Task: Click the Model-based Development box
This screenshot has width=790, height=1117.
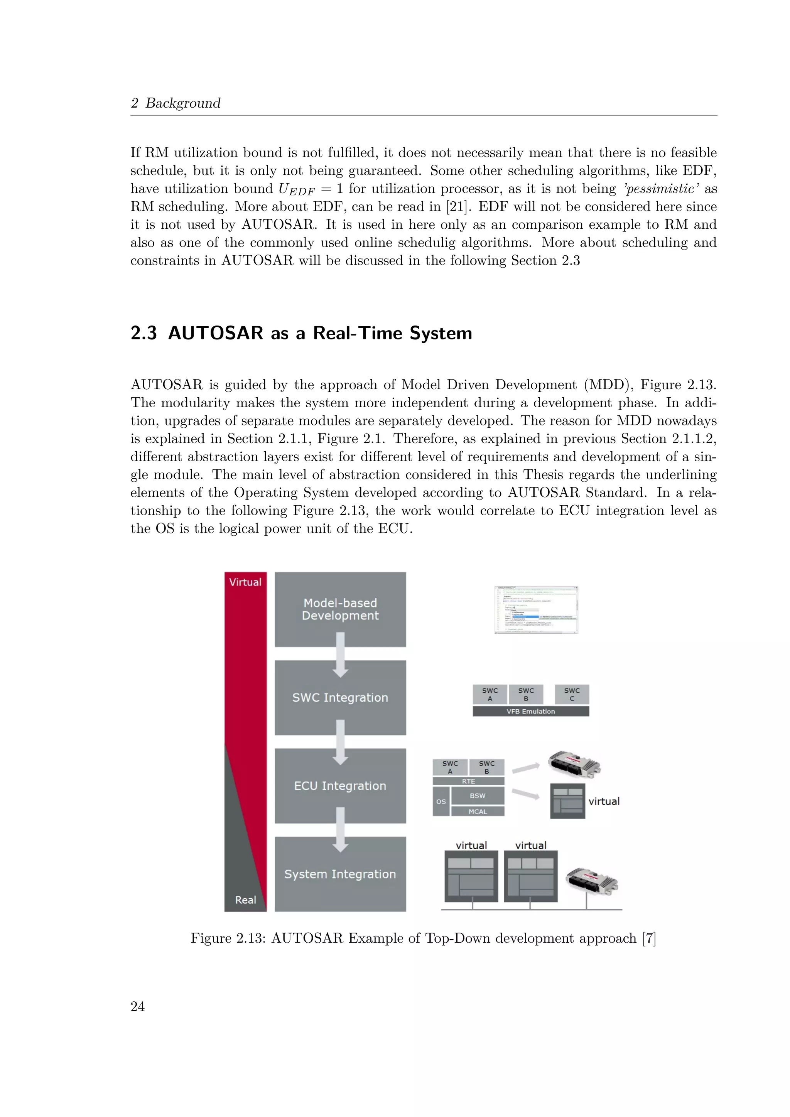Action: coord(340,609)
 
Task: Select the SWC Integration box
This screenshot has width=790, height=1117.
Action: coord(340,698)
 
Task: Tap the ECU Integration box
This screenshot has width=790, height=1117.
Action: coord(340,786)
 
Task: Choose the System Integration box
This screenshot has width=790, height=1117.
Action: coord(340,874)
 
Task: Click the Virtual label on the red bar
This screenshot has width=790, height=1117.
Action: coord(245,582)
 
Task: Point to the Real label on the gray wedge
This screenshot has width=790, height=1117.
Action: coord(245,900)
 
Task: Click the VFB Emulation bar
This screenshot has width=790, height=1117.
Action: coord(531,711)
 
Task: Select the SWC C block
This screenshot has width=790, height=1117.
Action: coord(572,694)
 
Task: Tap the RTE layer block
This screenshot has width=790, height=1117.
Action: coord(468,781)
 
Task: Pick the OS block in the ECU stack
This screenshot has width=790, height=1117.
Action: coord(441,802)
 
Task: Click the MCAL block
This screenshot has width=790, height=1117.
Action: coord(478,812)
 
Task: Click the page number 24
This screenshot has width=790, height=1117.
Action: coord(138,1006)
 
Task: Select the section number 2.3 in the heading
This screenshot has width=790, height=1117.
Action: coord(143,333)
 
